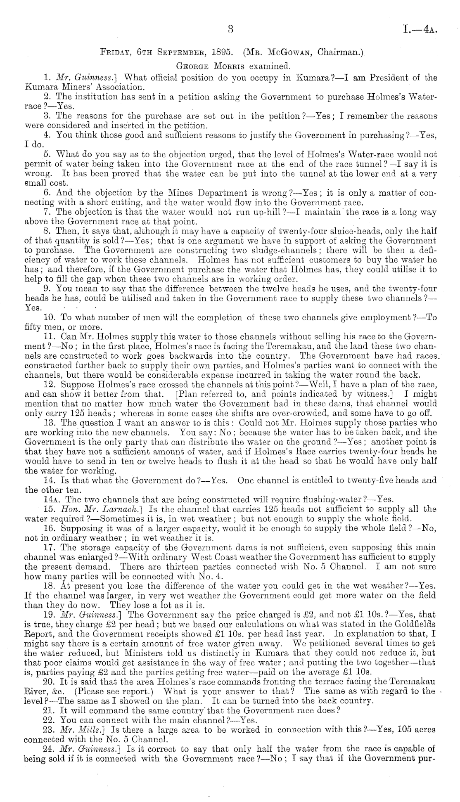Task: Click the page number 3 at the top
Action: pos(231,29)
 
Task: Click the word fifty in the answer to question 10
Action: pos(34,327)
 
